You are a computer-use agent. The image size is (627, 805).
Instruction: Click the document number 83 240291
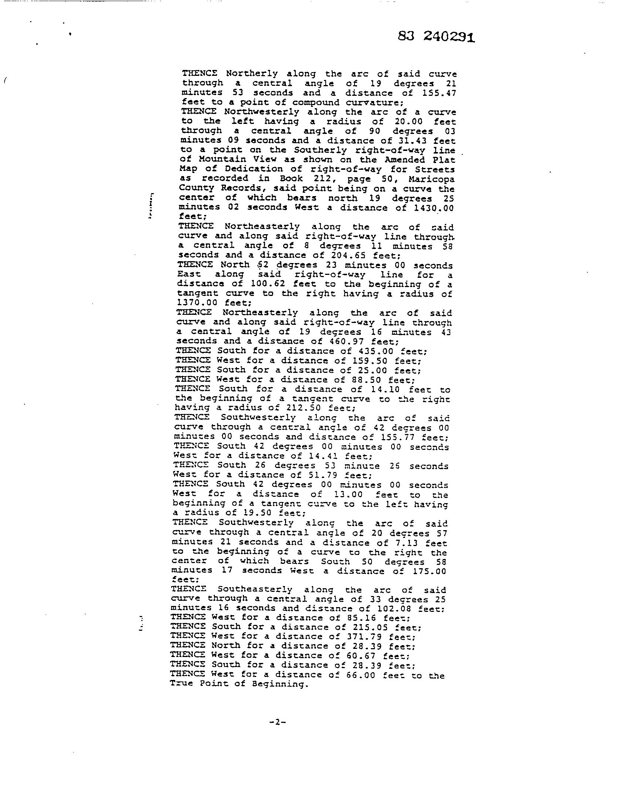point(436,37)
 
